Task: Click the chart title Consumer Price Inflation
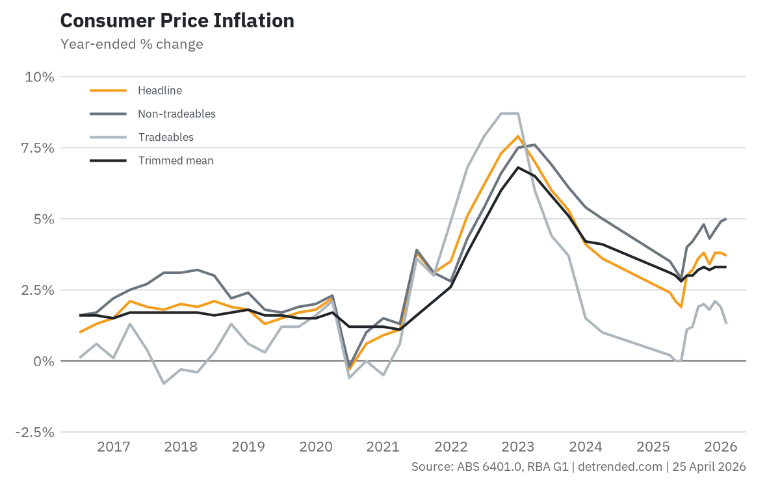click(x=177, y=21)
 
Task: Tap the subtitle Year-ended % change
click(x=131, y=44)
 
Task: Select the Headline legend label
click(x=160, y=90)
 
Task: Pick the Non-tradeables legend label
click(x=176, y=114)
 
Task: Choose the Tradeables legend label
click(x=166, y=137)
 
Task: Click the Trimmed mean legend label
click(x=175, y=160)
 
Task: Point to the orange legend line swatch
click(x=107, y=90)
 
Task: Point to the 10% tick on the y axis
click(x=40, y=77)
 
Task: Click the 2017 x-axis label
click(x=114, y=447)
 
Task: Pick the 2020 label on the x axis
click(x=316, y=447)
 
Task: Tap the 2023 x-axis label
click(x=518, y=447)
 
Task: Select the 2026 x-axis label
click(x=720, y=447)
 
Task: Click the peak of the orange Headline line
click(x=517, y=136)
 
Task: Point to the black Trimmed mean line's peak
click(x=517, y=168)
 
